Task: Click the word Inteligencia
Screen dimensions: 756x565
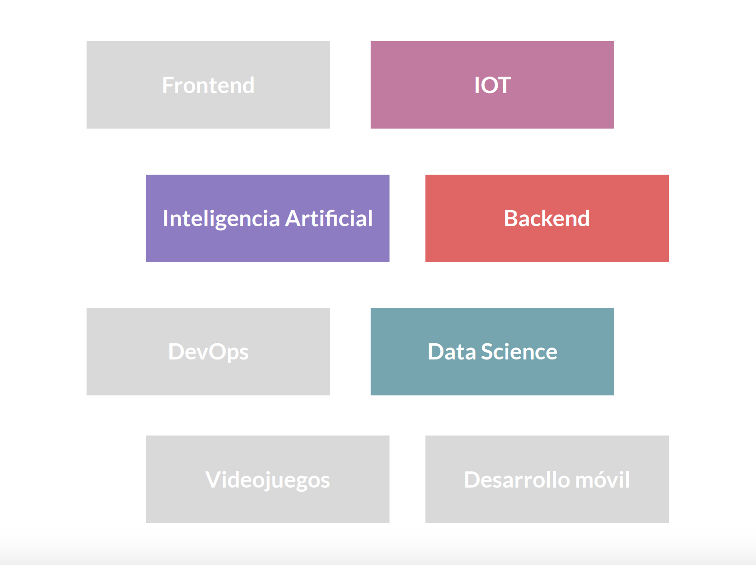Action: [221, 219]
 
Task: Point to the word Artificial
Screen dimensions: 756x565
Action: [329, 219]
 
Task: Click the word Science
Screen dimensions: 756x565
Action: [519, 352]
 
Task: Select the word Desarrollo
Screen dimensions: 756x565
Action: [516, 480]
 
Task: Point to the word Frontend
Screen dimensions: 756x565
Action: [208, 85]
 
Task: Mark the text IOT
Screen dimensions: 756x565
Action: [492, 85]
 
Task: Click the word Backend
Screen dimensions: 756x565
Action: [547, 218]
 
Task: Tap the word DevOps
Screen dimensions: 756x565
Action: [208, 352]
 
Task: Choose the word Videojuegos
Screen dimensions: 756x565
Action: [268, 480]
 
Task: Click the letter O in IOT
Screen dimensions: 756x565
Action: [489, 85]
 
